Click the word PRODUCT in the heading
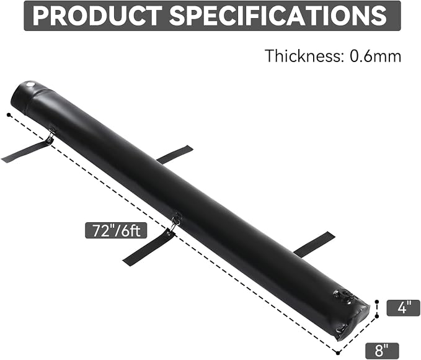97,16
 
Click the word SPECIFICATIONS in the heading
278,16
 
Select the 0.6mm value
376,56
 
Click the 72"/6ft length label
116,230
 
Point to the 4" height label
403,308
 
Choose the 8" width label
382,351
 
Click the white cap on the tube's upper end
30,84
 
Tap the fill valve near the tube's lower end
343,295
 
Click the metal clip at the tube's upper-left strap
50,135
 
